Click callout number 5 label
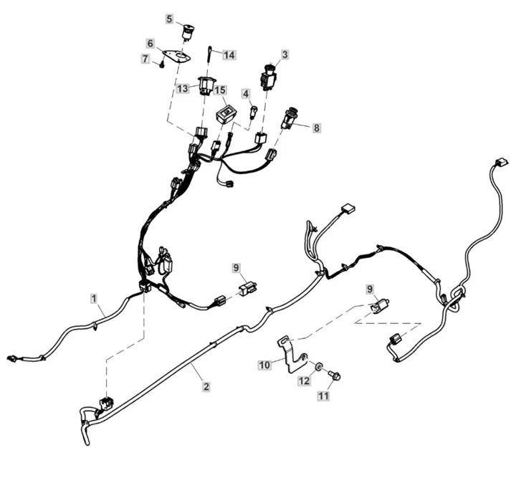pyautogui.click(x=169, y=19)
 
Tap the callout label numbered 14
pyautogui.click(x=229, y=54)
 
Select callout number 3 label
pyautogui.click(x=285, y=54)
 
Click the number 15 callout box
pyautogui.click(x=221, y=90)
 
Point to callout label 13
pyautogui.click(x=182, y=88)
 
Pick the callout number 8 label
pyautogui.click(x=316, y=128)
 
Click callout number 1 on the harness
pyautogui.click(x=94, y=299)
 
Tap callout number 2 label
pyautogui.click(x=206, y=386)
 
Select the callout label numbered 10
pyautogui.click(x=264, y=365)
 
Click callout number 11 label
pyautogui.click(x=323, y=396)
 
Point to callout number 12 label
pyautogui.click(x=304, y=381)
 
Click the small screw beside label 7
pyautogui.click(x=162, y=65)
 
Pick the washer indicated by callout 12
pyautogui.click(x=318, y=366)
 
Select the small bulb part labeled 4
pyautogui.click(x=254, y=112)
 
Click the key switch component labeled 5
pyautogui.click(x=188, y=33)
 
